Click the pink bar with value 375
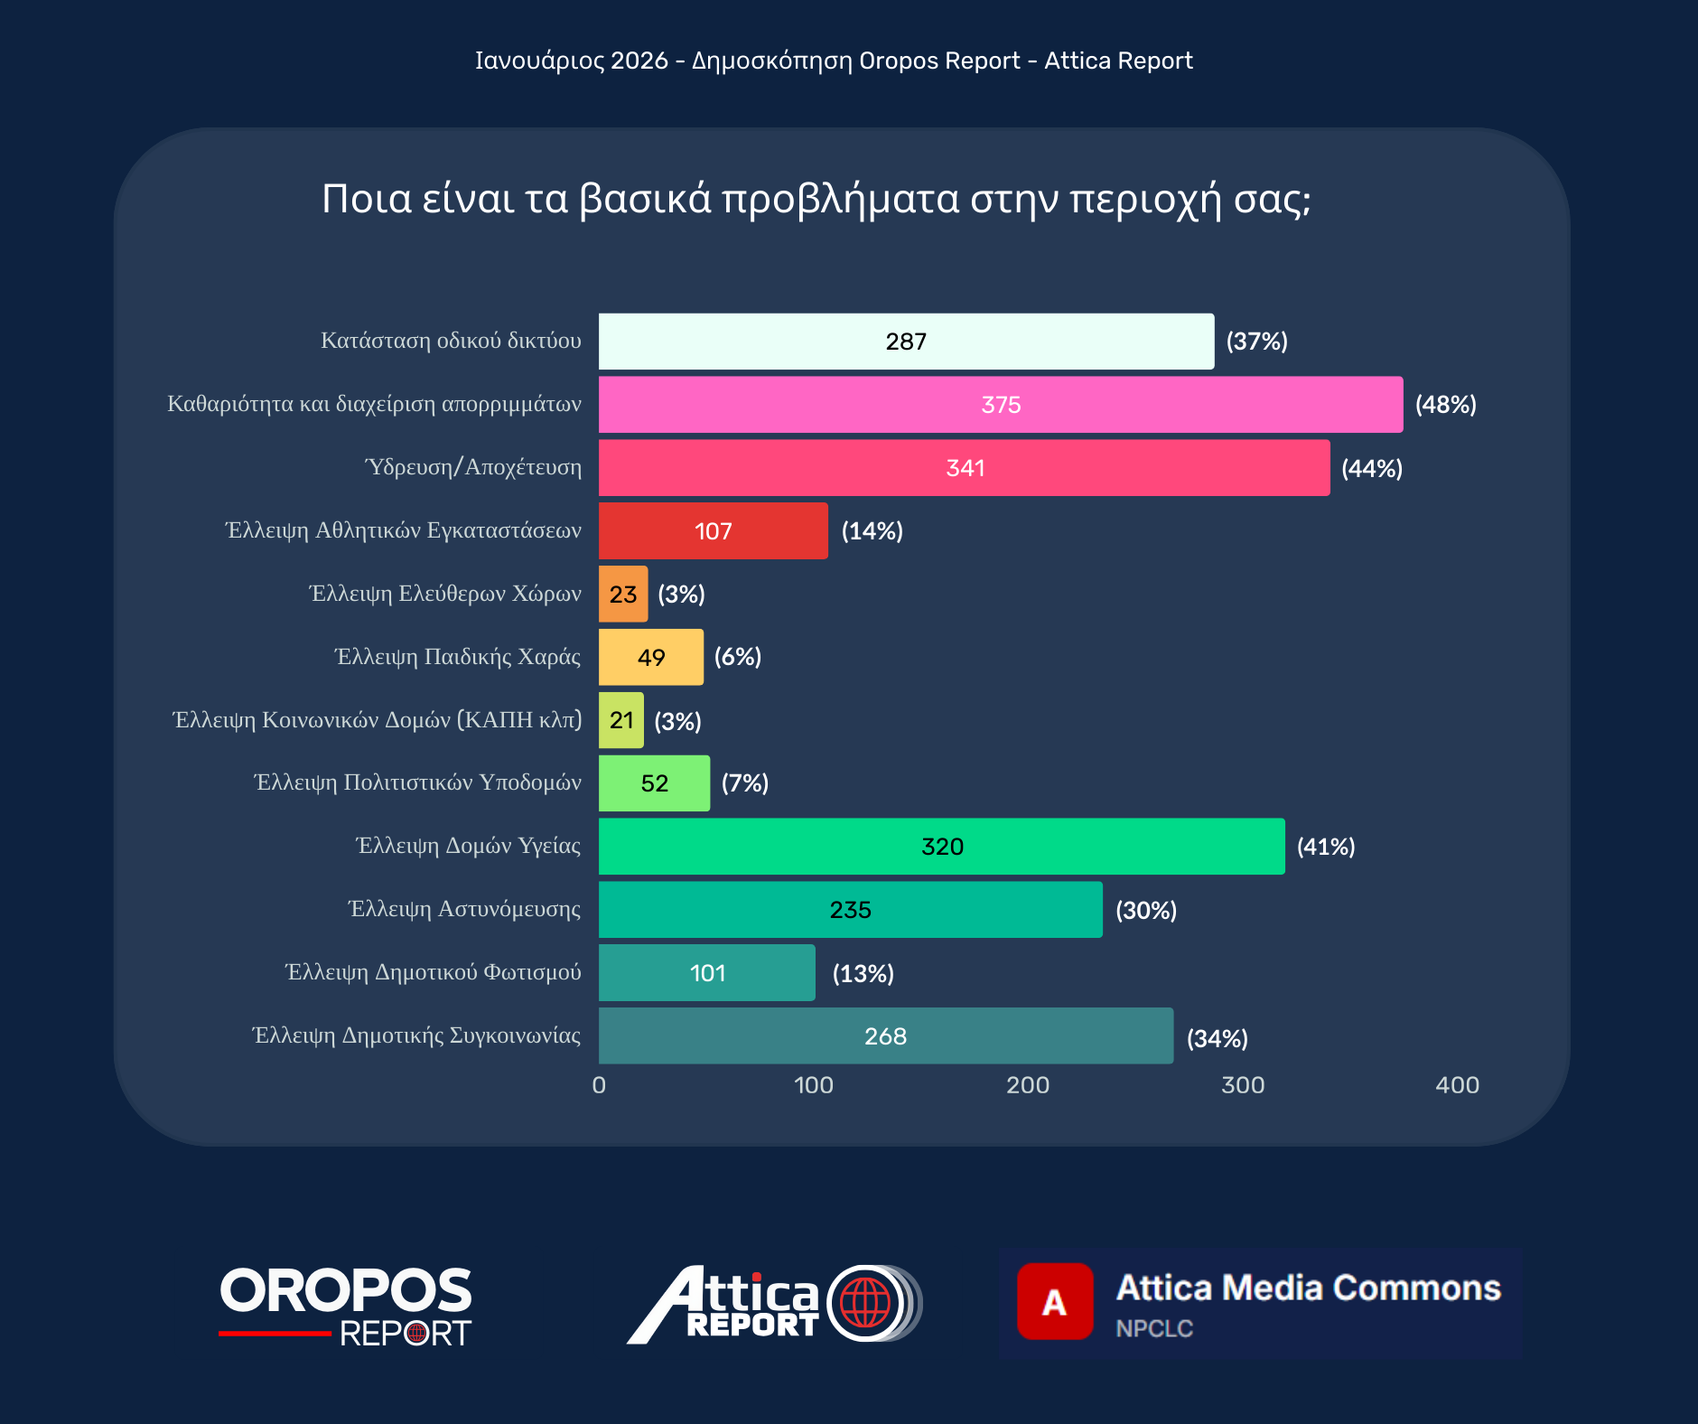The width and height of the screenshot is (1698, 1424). (x=1000, y=405)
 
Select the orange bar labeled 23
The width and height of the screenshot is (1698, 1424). (x=623, y=595)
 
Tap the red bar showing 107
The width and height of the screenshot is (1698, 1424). (x=713, y=531)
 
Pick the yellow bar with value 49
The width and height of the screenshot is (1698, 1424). (x=650, y=657)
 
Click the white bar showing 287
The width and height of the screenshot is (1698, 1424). (x=906, y=342)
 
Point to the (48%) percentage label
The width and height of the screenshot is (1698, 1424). (x=1445, y=405)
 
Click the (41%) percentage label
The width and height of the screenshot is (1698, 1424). (x=1326, y=847)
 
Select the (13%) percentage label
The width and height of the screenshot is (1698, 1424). (x=863, y=973)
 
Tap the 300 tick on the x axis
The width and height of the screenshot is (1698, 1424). (x=1243, y=1085)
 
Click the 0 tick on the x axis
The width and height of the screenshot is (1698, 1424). (x=599, y=1085)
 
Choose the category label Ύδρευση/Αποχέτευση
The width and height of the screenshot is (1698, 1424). (x=473, y=467)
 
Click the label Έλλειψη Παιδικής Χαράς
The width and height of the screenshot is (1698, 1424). (x=458, y=657)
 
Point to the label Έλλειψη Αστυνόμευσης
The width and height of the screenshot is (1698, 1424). (x=464, y=909)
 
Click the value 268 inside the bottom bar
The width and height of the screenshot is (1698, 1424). (x=885, y=1036)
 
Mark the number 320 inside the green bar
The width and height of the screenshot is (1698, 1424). (x=942, y=847)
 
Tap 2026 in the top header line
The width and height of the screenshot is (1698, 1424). (x=639, y=61)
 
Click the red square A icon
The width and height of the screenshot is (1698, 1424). (x=1054, y=1301)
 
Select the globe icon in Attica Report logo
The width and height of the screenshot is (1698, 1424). (x=865, y=1303)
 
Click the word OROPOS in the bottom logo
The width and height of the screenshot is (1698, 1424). (x=345, y=1290)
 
